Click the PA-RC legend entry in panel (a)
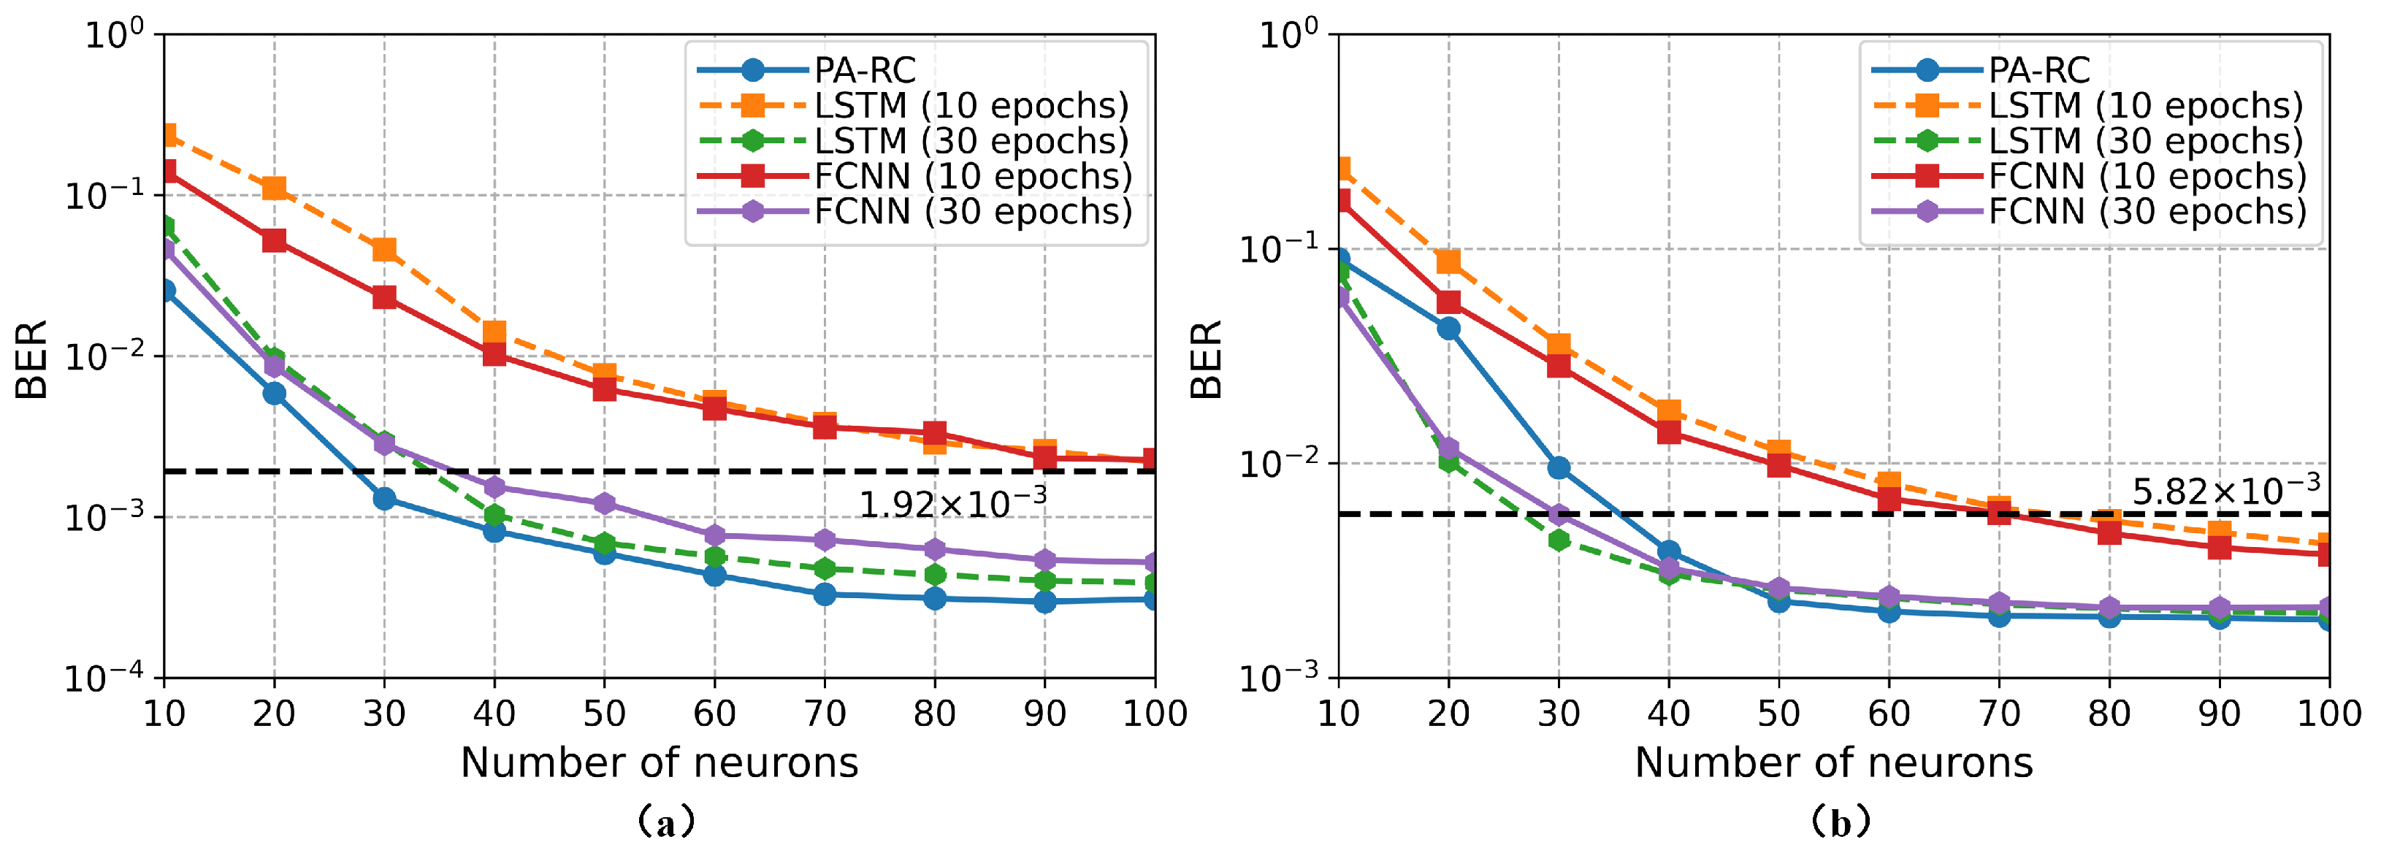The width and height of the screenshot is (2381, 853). pos(864,70)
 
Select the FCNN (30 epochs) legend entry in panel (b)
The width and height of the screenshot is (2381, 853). pos(2147,212)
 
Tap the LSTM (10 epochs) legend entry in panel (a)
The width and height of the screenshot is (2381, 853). pos(971,105)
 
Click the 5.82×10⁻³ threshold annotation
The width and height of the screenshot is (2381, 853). pos(2225,490)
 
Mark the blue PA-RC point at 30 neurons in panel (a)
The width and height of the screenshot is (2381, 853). pos(384,499)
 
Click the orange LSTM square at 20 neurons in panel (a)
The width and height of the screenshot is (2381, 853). pos(275,188)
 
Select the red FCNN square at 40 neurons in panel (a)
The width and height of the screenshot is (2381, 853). pos(494,354)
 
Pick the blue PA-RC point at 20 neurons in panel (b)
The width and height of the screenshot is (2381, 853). pos(1448,328)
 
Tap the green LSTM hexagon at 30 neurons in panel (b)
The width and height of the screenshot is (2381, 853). pos(1559,540)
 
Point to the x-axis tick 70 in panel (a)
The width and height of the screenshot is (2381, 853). pos(825,714)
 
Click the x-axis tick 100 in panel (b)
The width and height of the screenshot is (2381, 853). pos(2328,714)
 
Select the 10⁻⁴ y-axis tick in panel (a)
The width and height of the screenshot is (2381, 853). pos(104,678)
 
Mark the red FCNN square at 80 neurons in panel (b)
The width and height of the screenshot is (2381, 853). pos(2109,532)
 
